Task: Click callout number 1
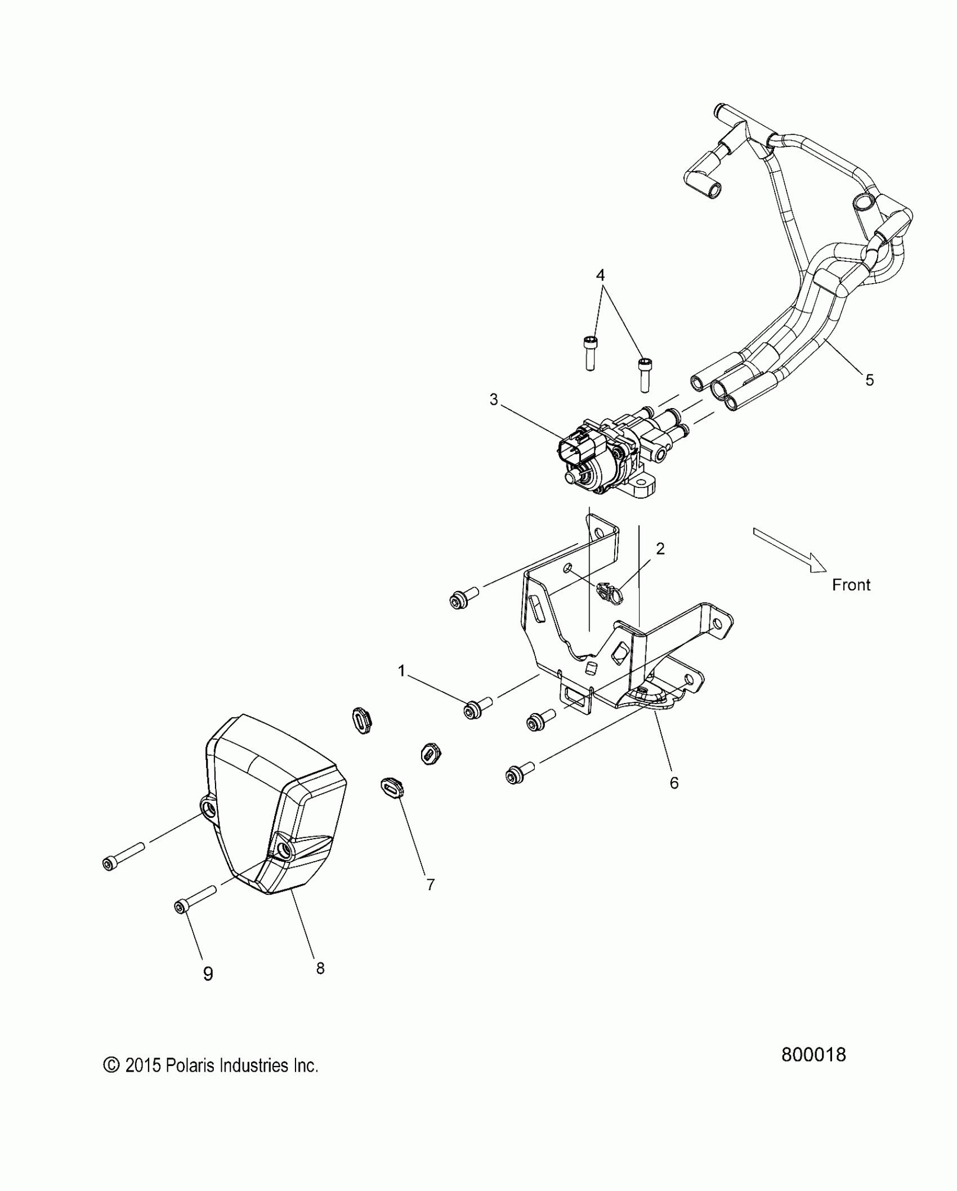(402, 670)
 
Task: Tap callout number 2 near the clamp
(660, 549)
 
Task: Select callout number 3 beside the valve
(494, 400)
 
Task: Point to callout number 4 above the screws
(600, 275)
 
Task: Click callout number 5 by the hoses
(869, 380)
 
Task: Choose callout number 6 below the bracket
(674, 782)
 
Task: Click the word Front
(851, 585)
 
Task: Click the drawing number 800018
(813, 1054)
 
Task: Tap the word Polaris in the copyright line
(189, 1065)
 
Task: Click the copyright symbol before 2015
(111, 1065)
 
